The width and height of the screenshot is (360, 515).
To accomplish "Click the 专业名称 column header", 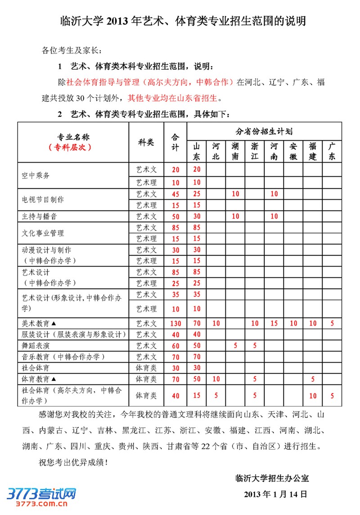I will click(73, 137).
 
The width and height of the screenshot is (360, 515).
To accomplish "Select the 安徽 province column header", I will click(293, 152).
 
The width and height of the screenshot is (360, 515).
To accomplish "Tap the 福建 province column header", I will click(313, 152).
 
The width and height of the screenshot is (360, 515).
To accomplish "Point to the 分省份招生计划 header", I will click(264, 131).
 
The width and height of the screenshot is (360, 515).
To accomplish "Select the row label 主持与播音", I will click(40, 216).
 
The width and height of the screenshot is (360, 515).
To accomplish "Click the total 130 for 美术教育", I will click(175, 323).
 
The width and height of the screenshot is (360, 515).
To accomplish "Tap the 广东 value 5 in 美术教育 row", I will click(332, 323).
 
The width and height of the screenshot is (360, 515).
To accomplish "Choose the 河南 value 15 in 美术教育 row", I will click(274, 323).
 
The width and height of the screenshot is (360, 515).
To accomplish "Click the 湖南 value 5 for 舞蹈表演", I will click(235, 345).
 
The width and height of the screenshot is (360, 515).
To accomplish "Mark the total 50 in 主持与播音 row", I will click(175, 216).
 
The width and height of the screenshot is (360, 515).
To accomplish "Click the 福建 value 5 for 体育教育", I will click(313, 379).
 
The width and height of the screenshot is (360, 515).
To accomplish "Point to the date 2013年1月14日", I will click(275, 494).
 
